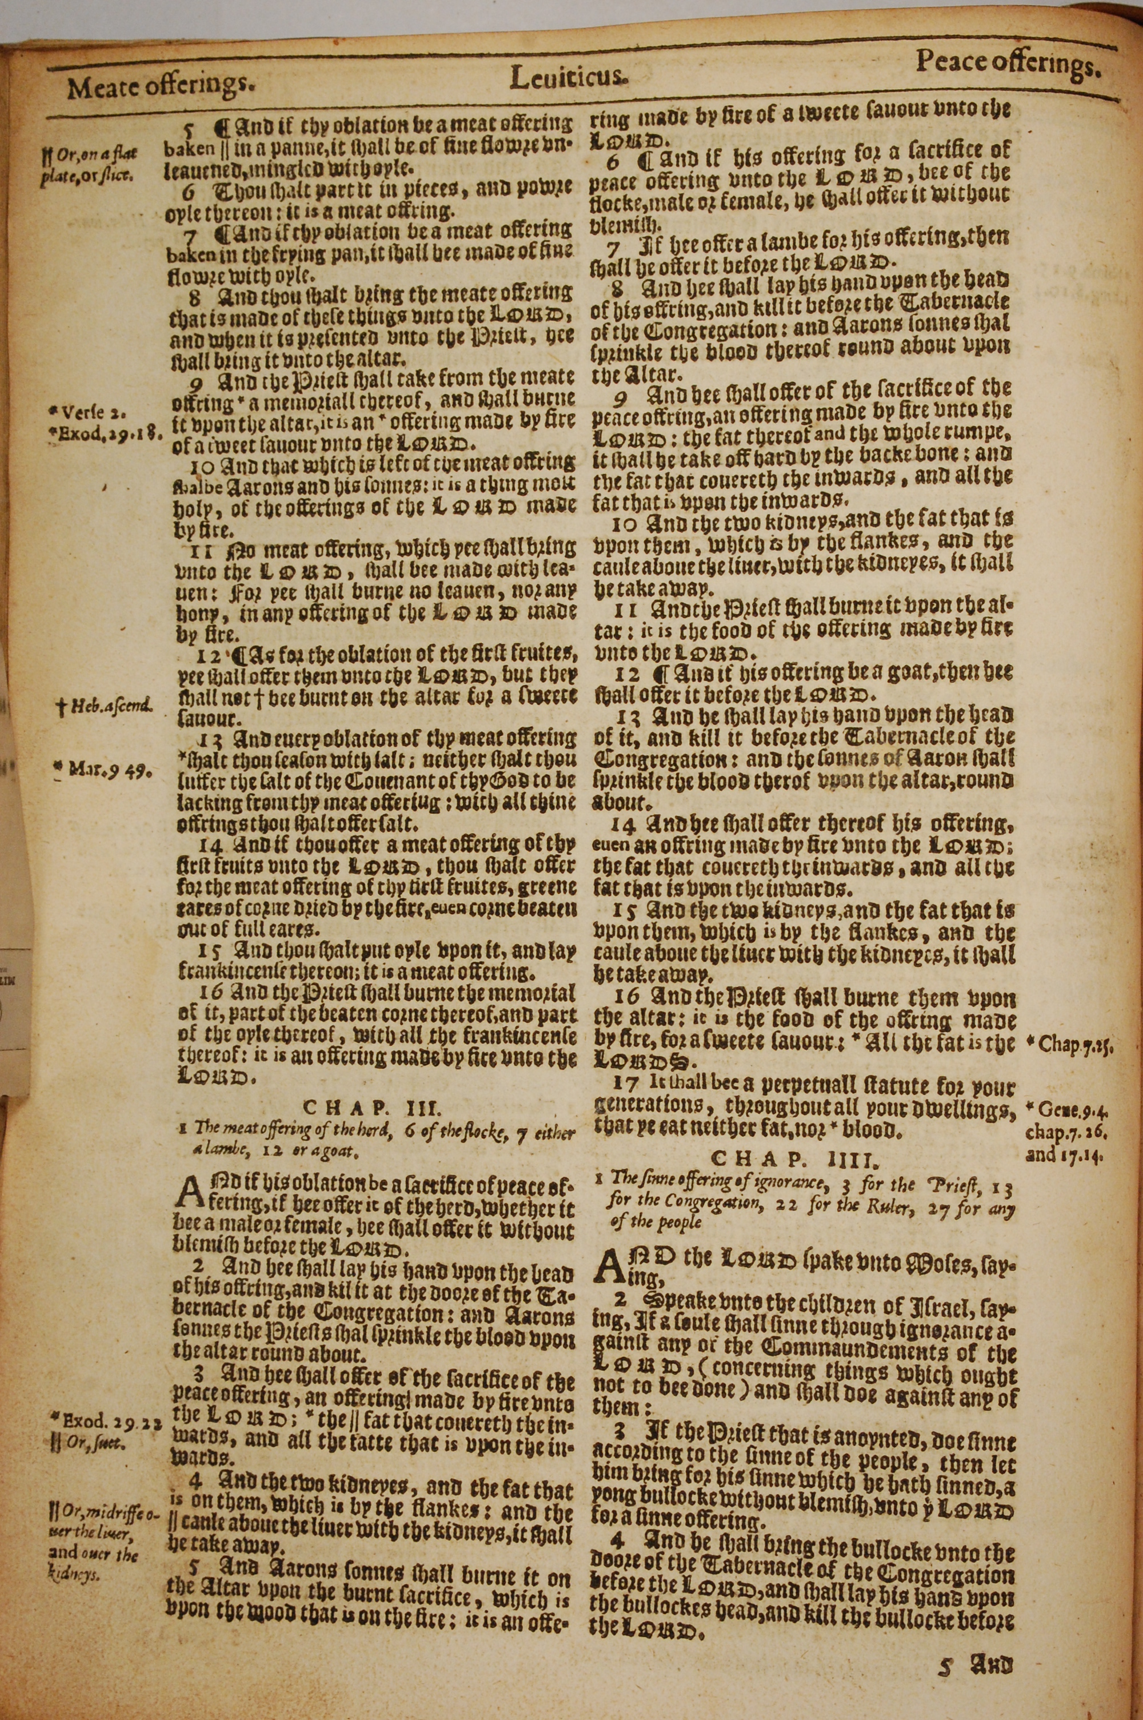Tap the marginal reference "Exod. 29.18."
tap(104, 432)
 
